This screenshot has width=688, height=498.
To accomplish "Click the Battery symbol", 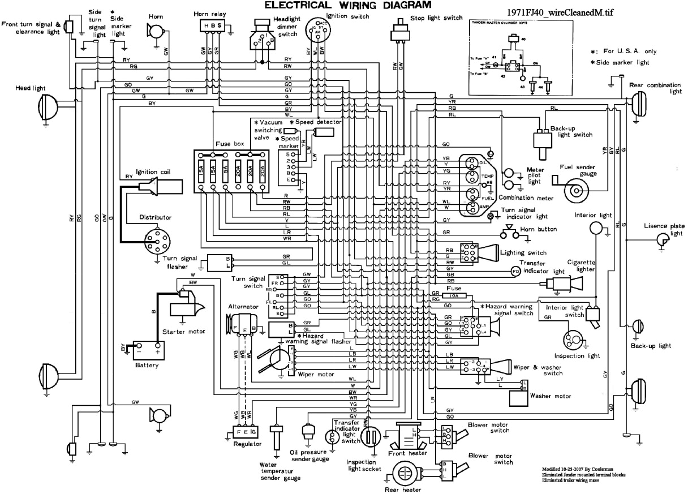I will tap(147, 351).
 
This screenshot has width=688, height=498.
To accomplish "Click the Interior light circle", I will tap(596, 228).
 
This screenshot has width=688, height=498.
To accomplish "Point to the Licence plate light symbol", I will tap(660, 241).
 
